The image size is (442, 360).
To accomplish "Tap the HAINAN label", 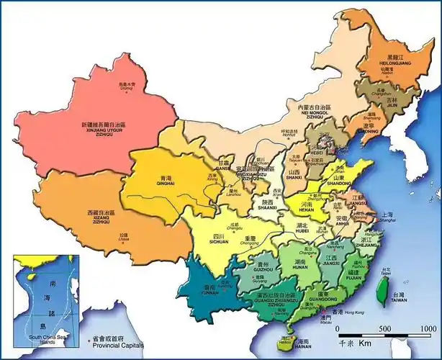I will [303, 346].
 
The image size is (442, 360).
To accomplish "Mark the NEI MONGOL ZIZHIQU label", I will [315, 114].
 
